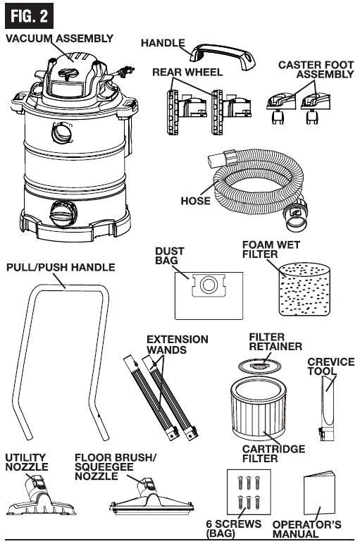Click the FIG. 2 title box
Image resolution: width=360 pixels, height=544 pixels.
click(29, 16)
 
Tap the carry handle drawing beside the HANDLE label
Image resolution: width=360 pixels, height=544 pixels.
click(223, 56)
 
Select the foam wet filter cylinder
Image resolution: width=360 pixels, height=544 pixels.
click(304, 289)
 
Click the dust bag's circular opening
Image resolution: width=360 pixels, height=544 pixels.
click(208, 285)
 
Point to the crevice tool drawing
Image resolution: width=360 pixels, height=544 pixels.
click(326, 409)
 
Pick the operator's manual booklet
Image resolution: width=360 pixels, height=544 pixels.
click(320, 497)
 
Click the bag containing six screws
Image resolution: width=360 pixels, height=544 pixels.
click(249, 493)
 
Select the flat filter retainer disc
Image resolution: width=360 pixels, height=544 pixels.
click(259, 366)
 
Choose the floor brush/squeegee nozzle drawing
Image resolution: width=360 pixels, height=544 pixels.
click(151, 498)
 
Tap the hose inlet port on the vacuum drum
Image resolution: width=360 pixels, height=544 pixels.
click(63, 133)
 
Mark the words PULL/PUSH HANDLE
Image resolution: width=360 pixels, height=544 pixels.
click(61, 267)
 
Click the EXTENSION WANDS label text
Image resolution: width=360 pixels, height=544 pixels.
click(178, 344)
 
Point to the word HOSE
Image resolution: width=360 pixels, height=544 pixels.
click(196, 201)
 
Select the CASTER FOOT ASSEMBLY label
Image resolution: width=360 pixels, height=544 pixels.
click(316, 69)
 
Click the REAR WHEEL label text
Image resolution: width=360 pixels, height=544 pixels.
click(187, 72)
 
